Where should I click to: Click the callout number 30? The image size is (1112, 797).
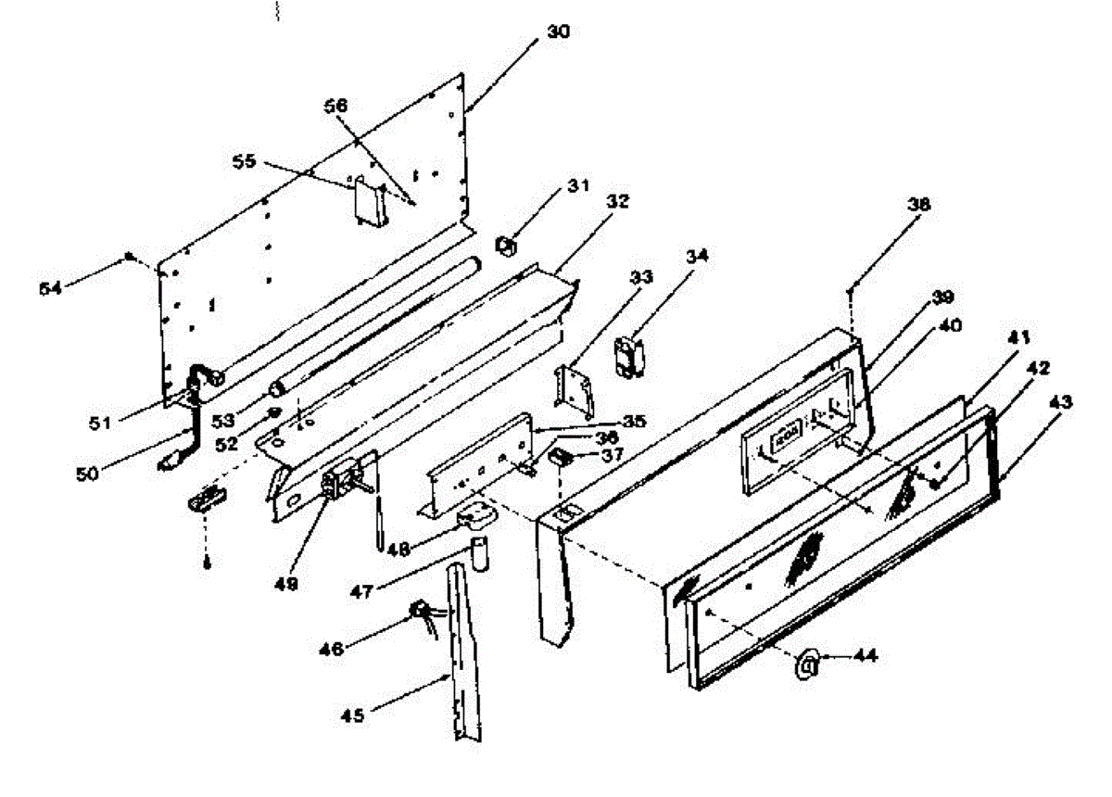coord(558,32)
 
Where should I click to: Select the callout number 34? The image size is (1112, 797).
coord(698,255)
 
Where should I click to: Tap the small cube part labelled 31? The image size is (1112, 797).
coord(506,246)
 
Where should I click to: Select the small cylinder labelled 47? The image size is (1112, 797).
coord(477,552)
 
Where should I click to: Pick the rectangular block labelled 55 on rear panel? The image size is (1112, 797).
coord(367,201)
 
